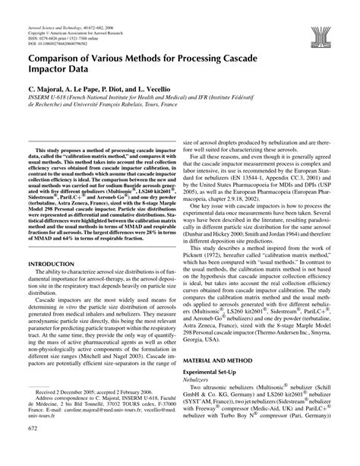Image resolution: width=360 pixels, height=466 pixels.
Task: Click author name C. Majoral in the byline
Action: click(50, 90)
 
